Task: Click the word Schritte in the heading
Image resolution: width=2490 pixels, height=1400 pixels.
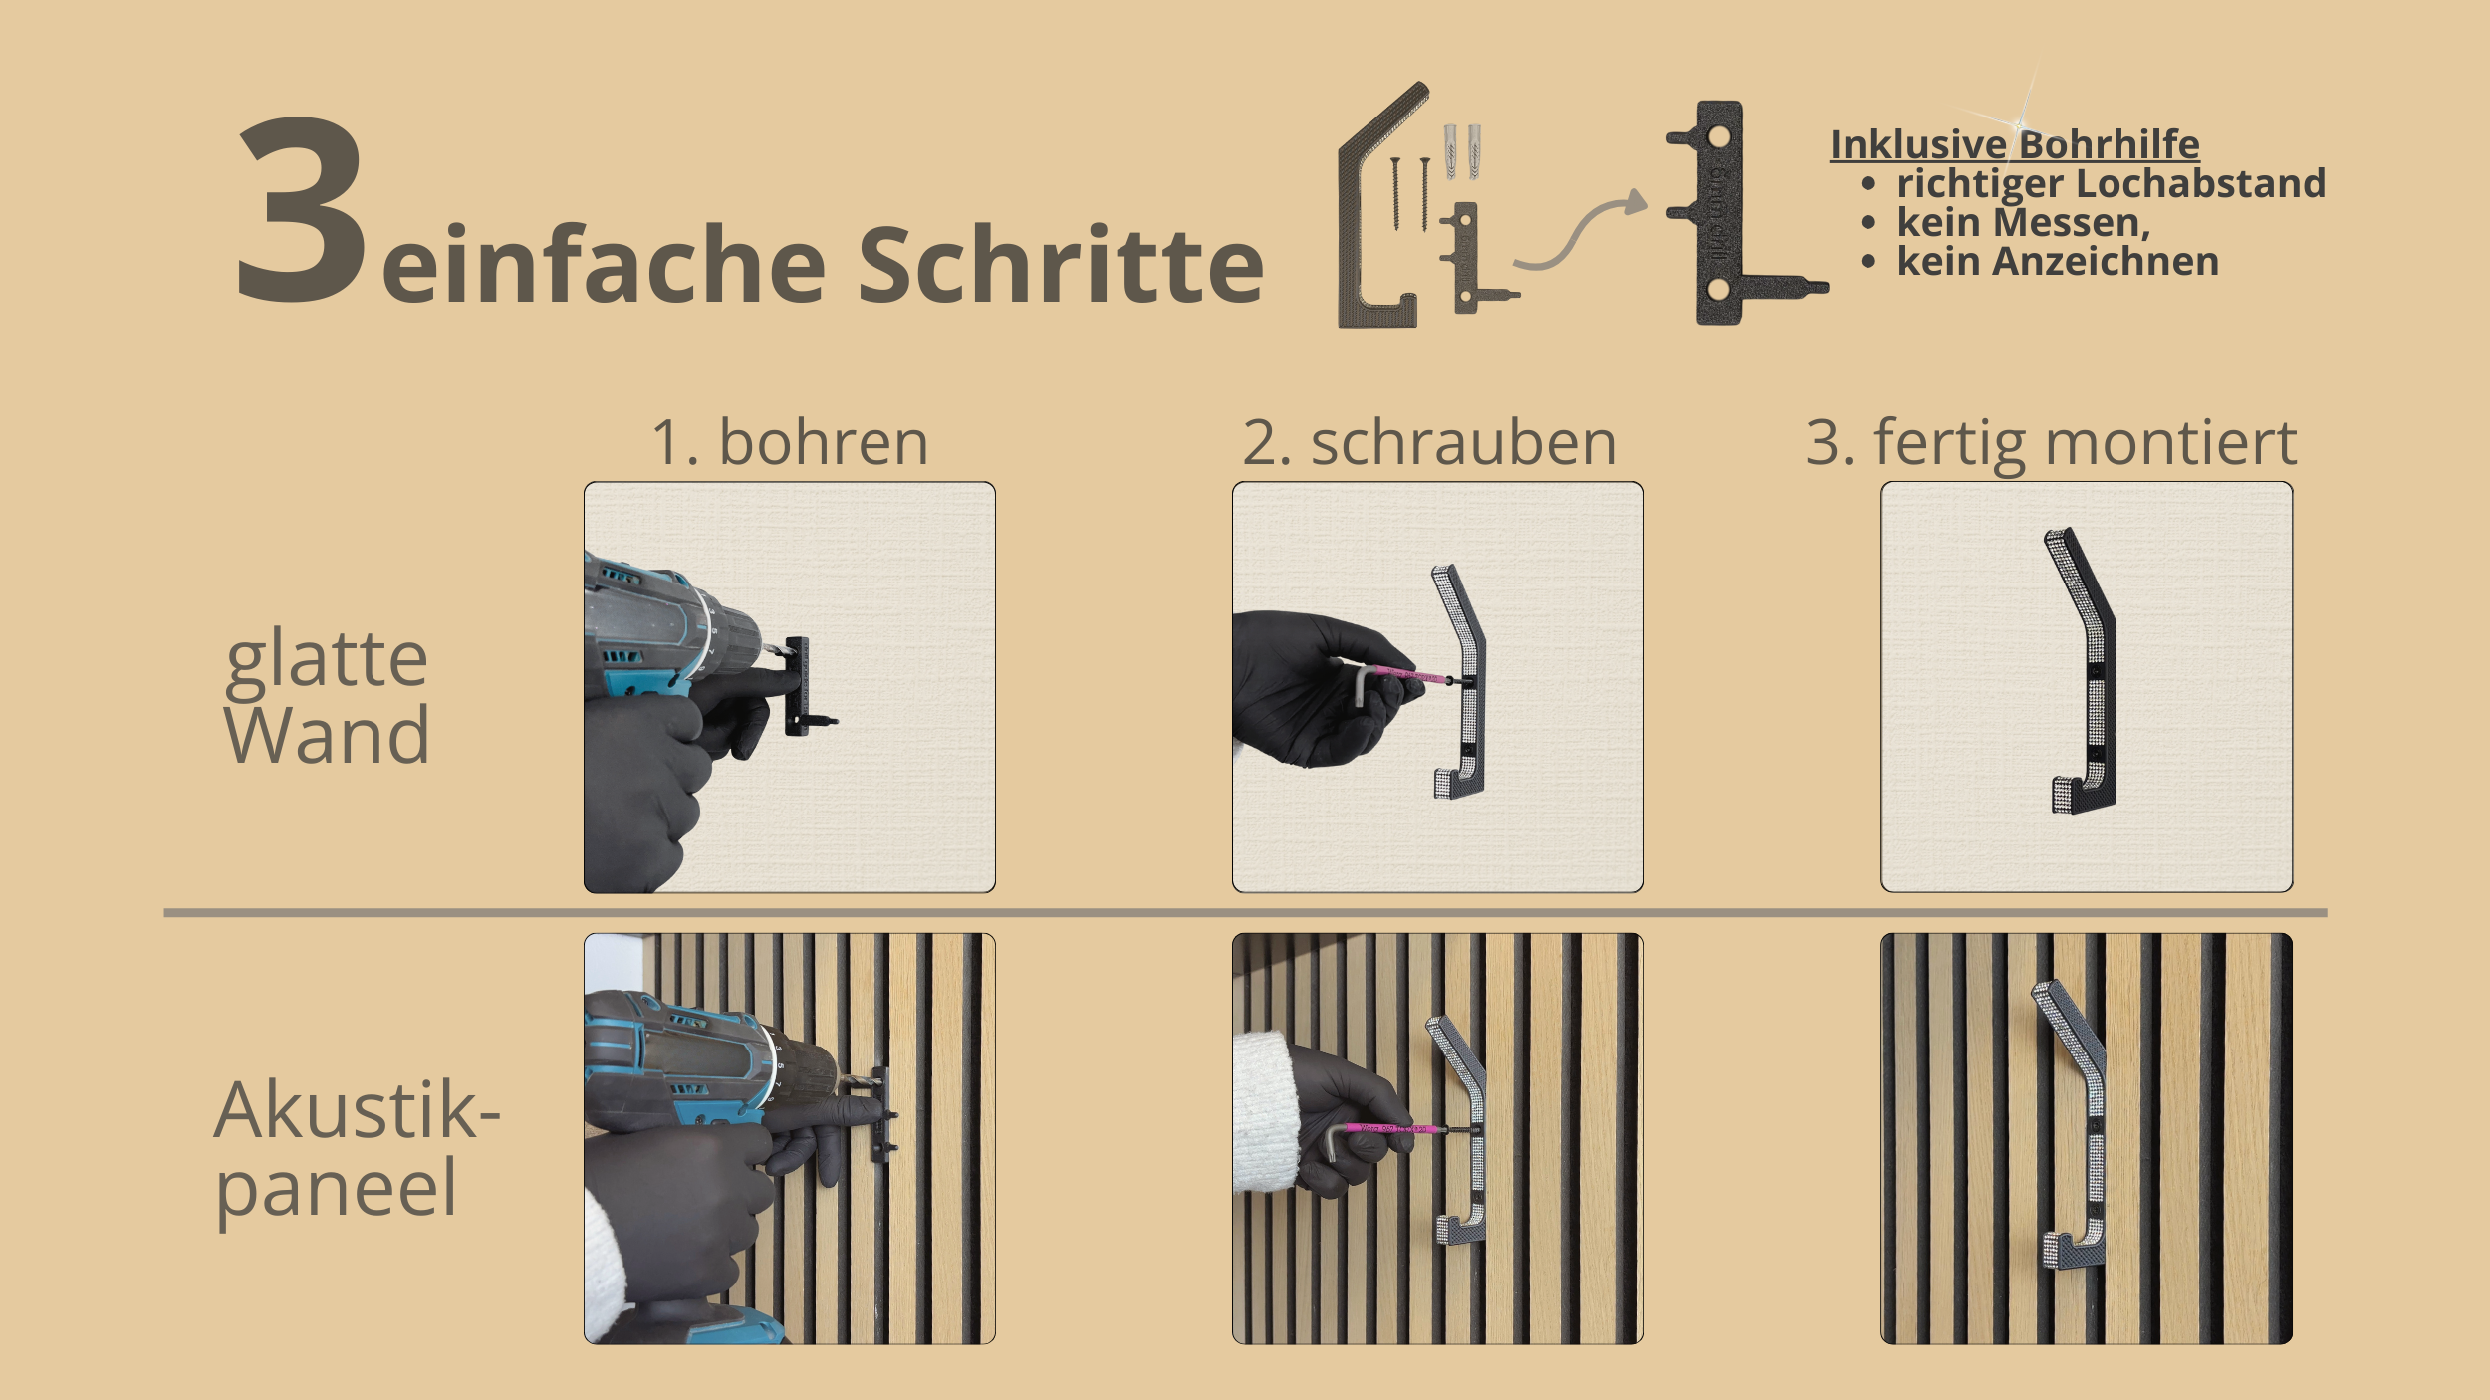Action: (1061, 264)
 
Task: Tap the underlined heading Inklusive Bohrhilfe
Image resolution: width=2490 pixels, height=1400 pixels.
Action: (2015, 145)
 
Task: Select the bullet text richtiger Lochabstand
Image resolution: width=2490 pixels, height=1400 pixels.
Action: (2111, 184)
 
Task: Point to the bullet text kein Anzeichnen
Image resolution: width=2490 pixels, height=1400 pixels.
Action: (2058, 261)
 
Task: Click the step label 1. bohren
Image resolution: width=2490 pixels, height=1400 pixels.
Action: (790, 442)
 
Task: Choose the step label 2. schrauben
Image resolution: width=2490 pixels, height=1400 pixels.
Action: (1429, 444)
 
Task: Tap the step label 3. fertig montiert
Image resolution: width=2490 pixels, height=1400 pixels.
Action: (2052, 444)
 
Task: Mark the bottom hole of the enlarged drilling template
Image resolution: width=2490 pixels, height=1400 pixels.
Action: (1718, 289)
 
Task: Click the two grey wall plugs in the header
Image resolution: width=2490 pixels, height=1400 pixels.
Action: (1461, 151)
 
